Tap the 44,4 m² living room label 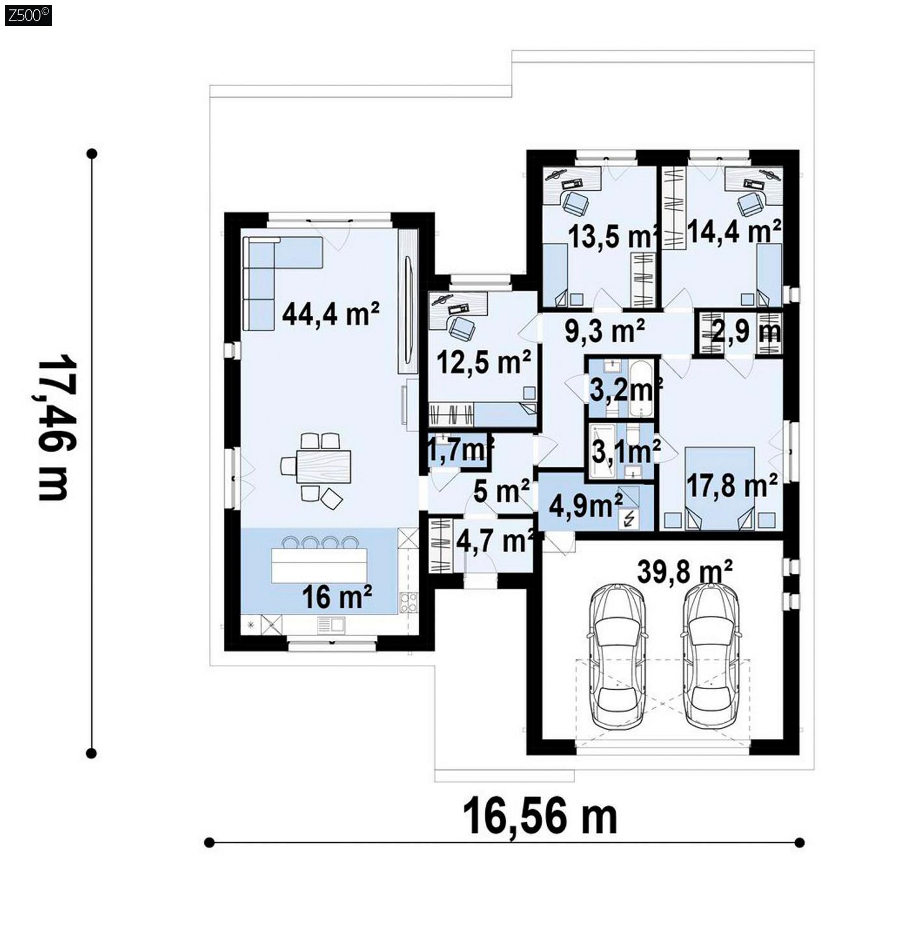(x=331, y=313)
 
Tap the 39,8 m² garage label (x=685, y=571)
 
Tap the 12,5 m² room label (x=484, y=362)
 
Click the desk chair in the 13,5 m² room (x=575, y=203)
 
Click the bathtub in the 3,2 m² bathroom (x=640, y=389)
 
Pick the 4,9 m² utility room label (x=586, y=506)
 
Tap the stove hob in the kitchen (x=409, y=602)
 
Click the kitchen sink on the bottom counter (x=332, y=625)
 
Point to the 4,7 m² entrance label (x=495, y=541)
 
